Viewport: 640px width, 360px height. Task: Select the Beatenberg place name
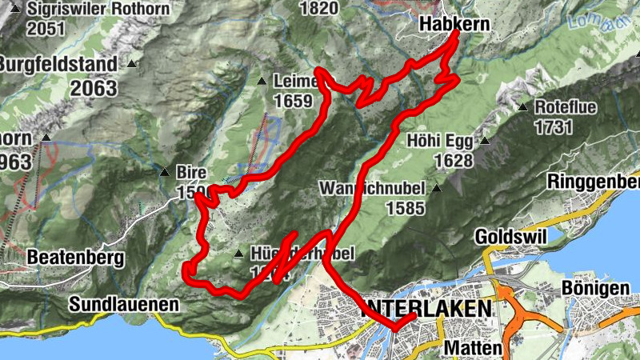click(x=75, y=258)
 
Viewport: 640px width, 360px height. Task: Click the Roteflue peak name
click(x=566, y=107)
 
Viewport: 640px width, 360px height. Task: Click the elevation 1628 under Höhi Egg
click(x=454, y=161)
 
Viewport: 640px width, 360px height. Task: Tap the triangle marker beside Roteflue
click(x=522, y=107)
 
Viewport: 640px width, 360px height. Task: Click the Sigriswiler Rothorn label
click(x=98, y=10)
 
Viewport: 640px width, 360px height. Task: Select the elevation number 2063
click(x=94, y=88)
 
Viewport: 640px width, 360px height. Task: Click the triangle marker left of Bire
click(x=164, y=171)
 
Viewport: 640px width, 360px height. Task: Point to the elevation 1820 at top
click(x=318, y=8)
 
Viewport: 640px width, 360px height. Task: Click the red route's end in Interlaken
click(x=413, y=317)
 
